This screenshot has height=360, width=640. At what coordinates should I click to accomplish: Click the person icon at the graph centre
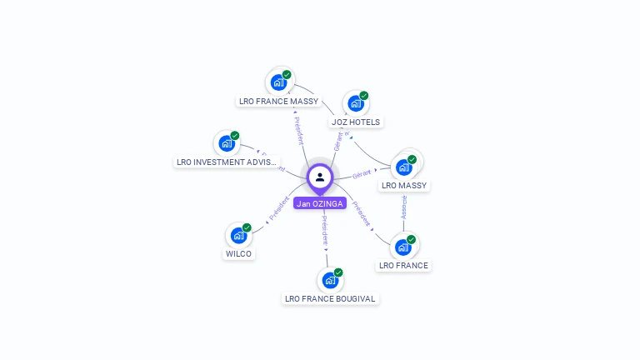[320, 177]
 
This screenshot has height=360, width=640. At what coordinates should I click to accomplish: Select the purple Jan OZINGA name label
[320, 203]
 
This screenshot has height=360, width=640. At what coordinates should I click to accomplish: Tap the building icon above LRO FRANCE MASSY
[279, 82]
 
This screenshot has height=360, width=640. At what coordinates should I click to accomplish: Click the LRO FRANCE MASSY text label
[278, 102]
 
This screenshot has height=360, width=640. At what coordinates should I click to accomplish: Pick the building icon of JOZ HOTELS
[356, 103]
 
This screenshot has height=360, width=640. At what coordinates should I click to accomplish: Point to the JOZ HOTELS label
[356, 122]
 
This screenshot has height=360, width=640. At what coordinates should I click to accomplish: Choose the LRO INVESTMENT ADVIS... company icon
[227, 143]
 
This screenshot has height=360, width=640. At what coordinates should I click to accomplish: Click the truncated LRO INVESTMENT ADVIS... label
[227, 162]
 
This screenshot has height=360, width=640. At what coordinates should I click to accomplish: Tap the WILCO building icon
[238, 235]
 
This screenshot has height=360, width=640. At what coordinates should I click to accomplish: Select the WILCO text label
[238, 254]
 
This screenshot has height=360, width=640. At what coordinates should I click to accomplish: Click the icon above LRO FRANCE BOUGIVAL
[330, 280]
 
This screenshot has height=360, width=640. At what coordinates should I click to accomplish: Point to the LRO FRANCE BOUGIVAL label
[330, 298]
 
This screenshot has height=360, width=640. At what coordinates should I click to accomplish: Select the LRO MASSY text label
[403, 186]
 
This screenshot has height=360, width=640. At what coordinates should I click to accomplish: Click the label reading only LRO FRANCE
[403, 266]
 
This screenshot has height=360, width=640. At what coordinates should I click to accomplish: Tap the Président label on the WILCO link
[280, 207]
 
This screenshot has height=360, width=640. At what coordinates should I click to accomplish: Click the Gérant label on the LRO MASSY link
[362, 174]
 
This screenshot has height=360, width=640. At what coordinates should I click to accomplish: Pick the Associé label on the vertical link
[404, 207]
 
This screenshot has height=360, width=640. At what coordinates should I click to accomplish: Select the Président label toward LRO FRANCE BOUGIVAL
[323, 230]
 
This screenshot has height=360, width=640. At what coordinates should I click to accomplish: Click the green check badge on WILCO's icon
[247, 227]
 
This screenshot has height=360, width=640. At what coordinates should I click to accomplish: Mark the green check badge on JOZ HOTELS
[364, 96]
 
